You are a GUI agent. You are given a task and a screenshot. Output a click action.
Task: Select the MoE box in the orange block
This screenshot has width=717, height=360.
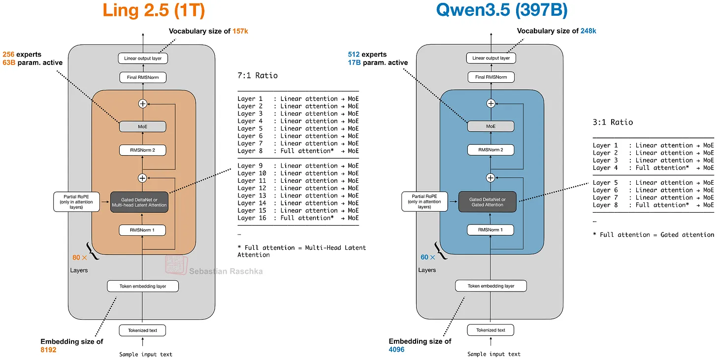pos(143,127)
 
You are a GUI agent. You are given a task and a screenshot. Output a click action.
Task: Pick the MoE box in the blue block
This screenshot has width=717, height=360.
pos(491,127)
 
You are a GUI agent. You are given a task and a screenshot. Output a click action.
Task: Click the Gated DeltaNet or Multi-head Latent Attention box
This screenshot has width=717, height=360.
pos(139,201)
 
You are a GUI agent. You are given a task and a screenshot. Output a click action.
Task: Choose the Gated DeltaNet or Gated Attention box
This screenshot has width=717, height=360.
pos(487,201)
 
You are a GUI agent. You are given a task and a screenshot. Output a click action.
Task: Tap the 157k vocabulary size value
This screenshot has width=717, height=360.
pos(240,31)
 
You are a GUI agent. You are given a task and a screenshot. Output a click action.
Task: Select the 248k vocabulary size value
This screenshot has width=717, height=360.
pos(588,31)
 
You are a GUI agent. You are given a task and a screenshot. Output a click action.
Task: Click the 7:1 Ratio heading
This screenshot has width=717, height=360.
pos(258,75)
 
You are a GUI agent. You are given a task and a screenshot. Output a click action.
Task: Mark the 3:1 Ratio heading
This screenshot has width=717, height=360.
pos(613,122)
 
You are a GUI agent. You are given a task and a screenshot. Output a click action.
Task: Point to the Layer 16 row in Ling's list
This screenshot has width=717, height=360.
pos(298,218)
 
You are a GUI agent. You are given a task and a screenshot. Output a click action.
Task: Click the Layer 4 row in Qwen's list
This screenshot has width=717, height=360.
pos(653,167)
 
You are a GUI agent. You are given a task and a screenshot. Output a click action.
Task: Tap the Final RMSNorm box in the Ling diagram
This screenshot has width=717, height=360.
pos(143,77)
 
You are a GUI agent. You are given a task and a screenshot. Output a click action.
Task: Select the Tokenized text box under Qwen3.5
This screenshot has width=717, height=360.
pos(491,330)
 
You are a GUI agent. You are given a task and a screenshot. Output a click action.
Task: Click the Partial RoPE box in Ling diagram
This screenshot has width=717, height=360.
pos(77,201)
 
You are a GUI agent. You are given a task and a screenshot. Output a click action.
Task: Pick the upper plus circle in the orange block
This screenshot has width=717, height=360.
pos(143,103)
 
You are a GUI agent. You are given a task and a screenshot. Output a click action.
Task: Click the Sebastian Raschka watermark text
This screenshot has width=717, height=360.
pos(226,271)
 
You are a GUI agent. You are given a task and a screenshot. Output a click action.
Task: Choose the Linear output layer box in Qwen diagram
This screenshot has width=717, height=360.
pos(491,58)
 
